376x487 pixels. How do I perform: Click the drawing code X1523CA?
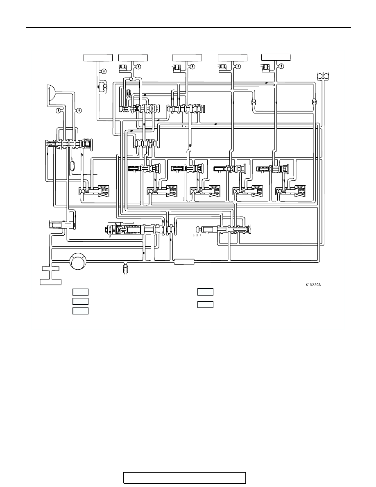[313, 284]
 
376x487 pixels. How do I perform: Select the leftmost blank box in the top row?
[98, 58]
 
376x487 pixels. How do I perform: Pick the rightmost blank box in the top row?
[276, 57]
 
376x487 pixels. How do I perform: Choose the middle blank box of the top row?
[187, 58]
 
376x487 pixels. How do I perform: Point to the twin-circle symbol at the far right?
[323, 75]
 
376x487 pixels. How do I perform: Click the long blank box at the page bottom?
[185, 478]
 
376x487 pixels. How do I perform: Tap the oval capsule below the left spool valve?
[72, 166]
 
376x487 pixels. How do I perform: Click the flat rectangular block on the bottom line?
[185, 262]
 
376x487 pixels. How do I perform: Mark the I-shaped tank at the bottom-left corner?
[51, 275]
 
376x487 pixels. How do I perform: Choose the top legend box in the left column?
[80, 292]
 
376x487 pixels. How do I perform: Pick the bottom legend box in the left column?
[80, 311]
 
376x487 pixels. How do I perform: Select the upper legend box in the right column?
[205, 292]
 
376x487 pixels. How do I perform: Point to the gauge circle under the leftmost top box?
[104, 71]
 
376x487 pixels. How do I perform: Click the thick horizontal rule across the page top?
[188, 27]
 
